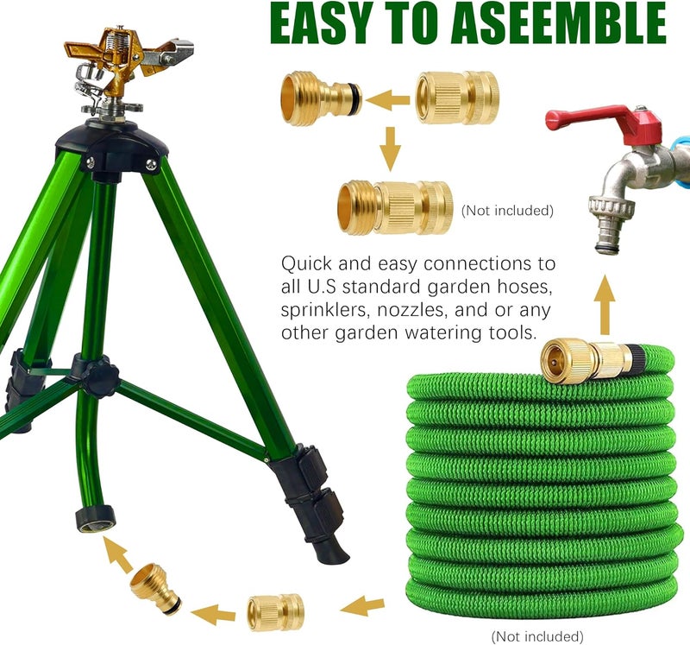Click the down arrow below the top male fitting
(392, 149)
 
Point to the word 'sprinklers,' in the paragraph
(329, 308)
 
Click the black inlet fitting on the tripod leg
(95, 519)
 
